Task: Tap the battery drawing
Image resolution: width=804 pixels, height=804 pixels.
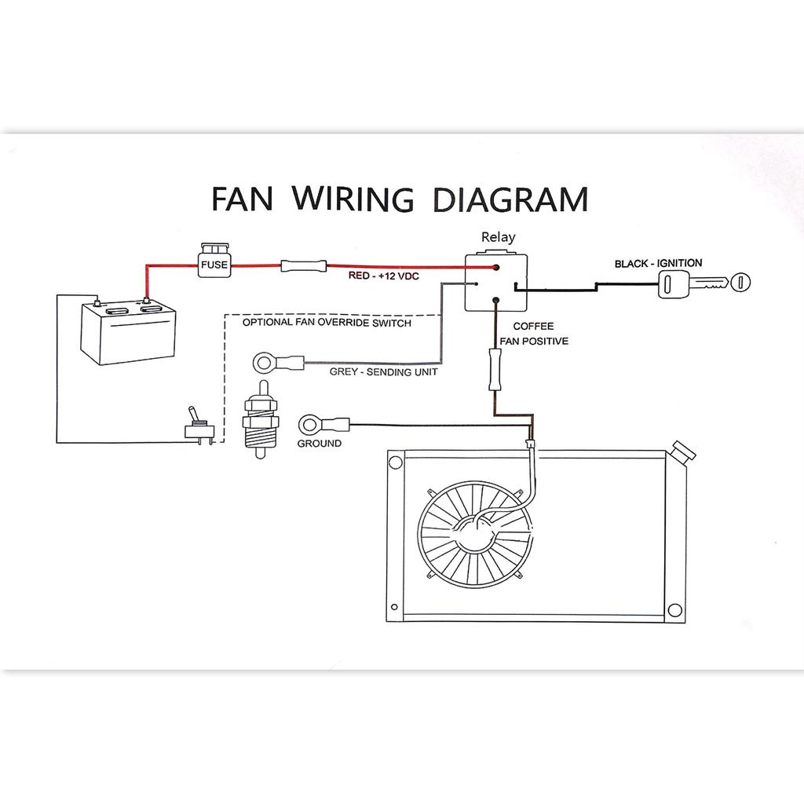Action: (128, 333)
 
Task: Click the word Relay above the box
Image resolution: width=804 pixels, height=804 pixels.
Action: (498, 236)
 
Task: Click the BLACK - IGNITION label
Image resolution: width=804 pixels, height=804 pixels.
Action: (658, 264)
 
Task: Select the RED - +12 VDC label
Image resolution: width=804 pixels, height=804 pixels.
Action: (382, 277)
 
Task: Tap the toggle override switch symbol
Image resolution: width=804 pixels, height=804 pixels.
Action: (196, 426)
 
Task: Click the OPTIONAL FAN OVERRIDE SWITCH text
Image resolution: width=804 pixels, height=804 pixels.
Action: (327, 323)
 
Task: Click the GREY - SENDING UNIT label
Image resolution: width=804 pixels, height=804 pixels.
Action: (383, 372)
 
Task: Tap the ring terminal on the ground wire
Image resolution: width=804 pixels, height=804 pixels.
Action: (309, 426)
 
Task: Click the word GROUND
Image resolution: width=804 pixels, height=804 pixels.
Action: (319, 444)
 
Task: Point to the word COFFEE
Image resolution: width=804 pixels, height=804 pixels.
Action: (533, 326)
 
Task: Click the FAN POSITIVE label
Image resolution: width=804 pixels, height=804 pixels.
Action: (534, 342)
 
